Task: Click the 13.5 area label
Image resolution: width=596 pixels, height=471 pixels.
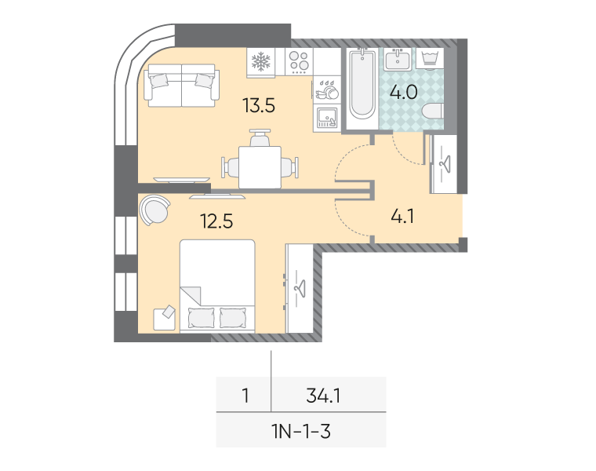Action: (259, 105)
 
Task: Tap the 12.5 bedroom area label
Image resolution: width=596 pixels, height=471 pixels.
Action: (216, 221)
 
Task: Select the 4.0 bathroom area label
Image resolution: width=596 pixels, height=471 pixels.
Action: (404, 92)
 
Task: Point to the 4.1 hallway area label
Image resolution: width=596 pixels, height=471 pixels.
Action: (402, 216)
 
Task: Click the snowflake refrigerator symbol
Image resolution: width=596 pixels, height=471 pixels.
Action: (260, 62)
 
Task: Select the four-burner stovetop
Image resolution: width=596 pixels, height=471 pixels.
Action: (299, 62)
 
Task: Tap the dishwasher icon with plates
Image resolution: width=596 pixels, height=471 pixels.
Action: (327, 90)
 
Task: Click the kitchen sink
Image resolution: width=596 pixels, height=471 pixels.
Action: (327, 118)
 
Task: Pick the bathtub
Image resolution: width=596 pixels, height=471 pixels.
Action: (362, 84)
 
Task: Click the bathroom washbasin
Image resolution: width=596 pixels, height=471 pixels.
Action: (398, 60)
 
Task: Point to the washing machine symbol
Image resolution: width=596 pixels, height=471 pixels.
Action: (430, 59)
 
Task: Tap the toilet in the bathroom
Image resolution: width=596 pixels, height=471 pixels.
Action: (433, 111)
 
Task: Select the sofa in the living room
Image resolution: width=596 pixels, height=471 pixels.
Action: (182, 86)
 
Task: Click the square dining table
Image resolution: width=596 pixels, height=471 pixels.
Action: (260, 167)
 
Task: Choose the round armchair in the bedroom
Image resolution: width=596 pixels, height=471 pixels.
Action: (154, 210)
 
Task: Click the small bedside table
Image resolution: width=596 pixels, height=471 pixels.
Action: (164, 319)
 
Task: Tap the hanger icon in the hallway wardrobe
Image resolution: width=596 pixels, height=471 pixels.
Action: (445, 164)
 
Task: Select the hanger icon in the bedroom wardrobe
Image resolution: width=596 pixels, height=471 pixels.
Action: (300, 289)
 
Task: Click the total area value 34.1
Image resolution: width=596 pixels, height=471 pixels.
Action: (323, 396)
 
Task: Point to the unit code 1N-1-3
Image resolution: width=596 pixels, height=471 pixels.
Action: (301, 432)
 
